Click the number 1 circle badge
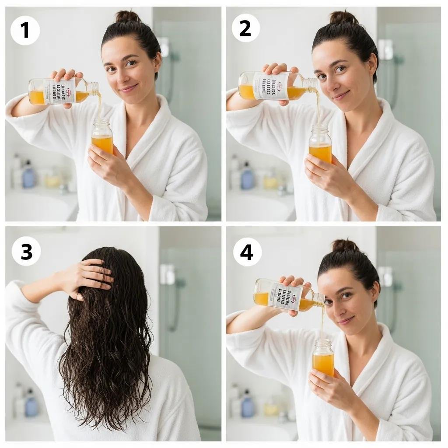point(25,30)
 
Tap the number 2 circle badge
point(245,28)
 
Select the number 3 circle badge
point(26,251)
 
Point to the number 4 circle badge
point(247,252)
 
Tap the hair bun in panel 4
point(345,245)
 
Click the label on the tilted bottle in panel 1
point(59,91)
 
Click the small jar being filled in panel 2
point(320,144)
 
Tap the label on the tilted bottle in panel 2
point(270,85)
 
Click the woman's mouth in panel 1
point(128,89)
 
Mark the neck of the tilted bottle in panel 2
point(309,83)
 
